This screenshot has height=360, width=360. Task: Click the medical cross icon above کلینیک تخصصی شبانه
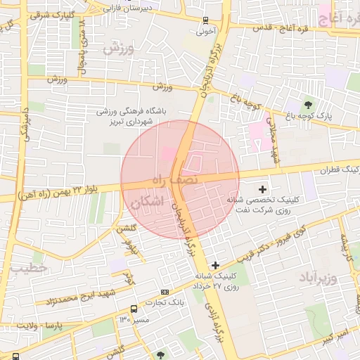coord(263,188)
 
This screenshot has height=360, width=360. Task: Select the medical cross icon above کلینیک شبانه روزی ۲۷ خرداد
coord(214,264)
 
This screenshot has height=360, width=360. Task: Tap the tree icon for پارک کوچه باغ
coord(307,104)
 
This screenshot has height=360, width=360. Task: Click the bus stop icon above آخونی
coord(205,20)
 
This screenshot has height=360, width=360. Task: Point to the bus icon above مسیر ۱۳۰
coord(134,309)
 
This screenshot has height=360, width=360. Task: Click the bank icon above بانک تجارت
coord(165,292)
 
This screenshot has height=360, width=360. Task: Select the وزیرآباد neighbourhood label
coord(320,273)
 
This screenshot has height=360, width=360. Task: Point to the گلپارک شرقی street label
coord(51,14)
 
